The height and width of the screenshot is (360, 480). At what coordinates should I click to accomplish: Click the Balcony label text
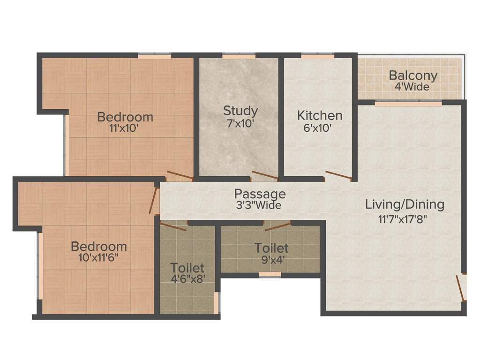tap(413, 75)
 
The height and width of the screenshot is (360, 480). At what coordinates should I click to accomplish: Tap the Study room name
tap(240, 111)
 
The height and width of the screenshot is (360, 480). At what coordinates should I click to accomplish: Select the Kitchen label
tap(320, 115)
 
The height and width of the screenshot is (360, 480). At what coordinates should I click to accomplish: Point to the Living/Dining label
tap(405, 205)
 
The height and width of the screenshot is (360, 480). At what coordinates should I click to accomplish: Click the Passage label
tap(260, 194)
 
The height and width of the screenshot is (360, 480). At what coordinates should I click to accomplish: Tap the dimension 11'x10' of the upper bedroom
tap(124, 128)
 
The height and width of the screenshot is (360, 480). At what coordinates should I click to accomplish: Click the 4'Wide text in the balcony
tap(412, 87)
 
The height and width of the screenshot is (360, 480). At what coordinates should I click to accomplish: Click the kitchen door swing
tap(338, 175)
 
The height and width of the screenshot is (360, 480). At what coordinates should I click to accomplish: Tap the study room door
tap(265, 176)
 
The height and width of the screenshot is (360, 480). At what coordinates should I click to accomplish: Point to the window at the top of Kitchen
tap(317, 56)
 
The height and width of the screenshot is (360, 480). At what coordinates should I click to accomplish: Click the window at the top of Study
tap(239, 56)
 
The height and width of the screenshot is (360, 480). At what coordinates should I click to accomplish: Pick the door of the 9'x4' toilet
tap(277, 226)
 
